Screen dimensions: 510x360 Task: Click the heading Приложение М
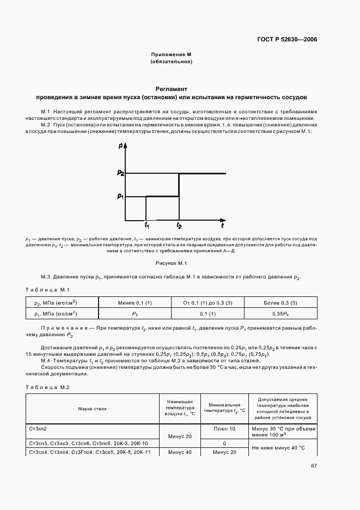pos(171,54)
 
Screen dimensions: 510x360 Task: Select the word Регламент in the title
pos(171,88)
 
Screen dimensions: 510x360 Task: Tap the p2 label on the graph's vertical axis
pos(120,173)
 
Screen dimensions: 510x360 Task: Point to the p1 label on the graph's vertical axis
pos(120,196)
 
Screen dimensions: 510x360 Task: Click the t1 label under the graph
pos(147,224)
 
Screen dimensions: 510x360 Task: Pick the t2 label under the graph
pos(179,224)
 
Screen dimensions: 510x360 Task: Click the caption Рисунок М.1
pos(171,263)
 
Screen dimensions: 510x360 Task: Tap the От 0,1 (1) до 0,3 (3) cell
pos(208,302)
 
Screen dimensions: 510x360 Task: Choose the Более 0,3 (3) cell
pos(278,302)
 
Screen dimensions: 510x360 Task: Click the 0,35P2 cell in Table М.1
pos(278,313)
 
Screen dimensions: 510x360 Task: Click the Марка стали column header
pos(92,408)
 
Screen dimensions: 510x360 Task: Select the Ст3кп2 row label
pos(39,429)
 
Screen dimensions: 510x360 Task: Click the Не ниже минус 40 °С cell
pos(278,447)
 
